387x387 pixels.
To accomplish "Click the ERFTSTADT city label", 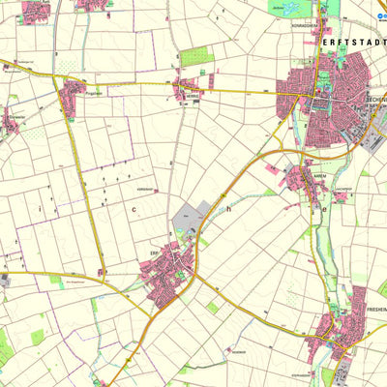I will (351, 44).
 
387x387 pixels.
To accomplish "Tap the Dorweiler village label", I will (15, 114).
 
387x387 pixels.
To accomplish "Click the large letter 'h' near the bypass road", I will (230, 207).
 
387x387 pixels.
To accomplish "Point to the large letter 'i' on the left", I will (39, 207).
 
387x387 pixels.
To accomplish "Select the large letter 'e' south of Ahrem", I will (326, 207).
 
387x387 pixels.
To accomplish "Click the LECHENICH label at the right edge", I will (375, 100).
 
